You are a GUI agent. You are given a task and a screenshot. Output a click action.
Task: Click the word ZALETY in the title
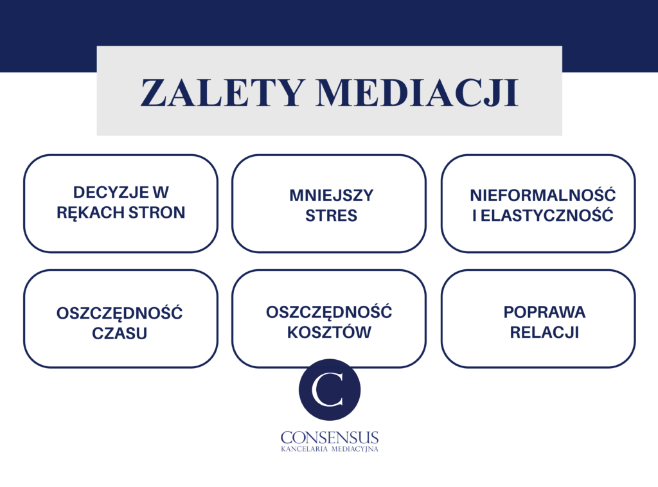click(222, 93)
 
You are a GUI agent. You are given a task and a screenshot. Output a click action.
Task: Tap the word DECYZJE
click(111, 192)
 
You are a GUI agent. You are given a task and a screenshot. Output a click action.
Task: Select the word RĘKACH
click(90, 213)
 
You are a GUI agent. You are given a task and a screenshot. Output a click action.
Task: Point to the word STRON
click(157, 213)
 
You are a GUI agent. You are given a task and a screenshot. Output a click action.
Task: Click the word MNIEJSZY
click(331, 195)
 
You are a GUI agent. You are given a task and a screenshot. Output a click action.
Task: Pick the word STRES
click(331, 216)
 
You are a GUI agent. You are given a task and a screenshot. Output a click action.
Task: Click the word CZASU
click(120, 333)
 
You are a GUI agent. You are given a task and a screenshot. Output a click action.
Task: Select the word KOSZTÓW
click(329, 332)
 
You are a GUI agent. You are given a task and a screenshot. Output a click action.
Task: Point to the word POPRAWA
click(544, 312)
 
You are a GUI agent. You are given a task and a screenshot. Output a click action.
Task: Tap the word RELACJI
click(544, 332)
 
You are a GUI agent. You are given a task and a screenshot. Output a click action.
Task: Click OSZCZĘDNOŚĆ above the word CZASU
click(120, 312)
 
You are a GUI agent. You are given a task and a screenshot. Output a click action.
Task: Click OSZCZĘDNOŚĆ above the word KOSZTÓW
click(329, 311)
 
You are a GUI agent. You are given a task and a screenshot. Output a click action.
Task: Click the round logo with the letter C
click(330, 390)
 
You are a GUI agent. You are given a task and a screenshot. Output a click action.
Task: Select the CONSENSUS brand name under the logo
click(330, 438)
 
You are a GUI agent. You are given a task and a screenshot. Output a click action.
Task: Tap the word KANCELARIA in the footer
click(304, 449)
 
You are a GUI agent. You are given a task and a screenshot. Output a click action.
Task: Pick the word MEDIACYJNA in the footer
click(355, 449)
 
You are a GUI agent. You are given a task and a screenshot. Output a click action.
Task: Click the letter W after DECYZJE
click(161, 192)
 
